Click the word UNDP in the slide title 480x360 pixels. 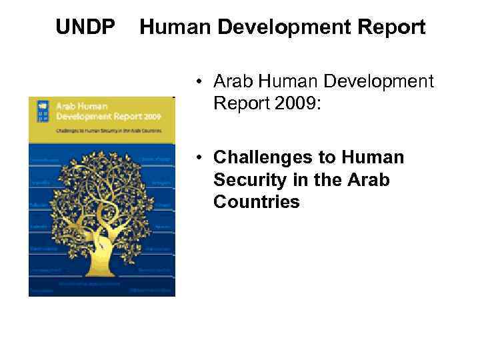coord(85,27)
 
